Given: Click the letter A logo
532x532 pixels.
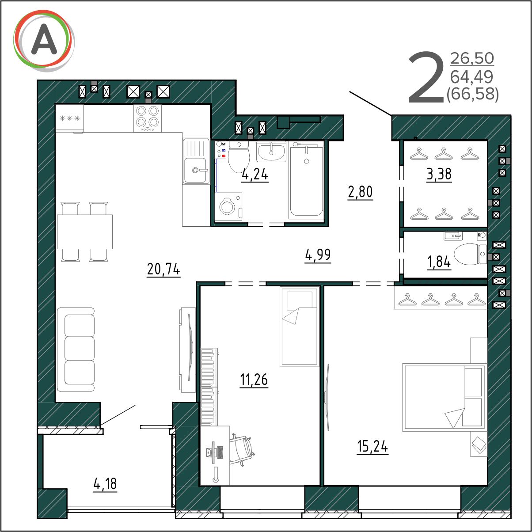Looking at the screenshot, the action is [x=44, y=41].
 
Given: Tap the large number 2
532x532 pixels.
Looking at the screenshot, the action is [x=426, y=77].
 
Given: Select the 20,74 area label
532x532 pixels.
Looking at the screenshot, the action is [x=163, y=269].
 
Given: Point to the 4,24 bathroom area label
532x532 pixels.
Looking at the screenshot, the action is [x=255, y=175].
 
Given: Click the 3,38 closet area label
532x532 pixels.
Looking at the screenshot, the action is [x=439, y=175].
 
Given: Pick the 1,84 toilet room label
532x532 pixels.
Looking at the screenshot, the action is [x=439, y=262].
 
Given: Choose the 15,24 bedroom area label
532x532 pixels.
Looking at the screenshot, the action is [x=372, y=446].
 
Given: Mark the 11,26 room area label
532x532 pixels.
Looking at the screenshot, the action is [x=254, y=380].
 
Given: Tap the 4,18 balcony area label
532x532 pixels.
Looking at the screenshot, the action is [x=105, y=484].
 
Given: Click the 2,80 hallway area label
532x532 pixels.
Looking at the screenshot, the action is [x=360, y=192].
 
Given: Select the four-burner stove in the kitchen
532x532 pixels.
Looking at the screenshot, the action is [x=148, y=118].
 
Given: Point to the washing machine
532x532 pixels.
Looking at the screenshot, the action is [x=228, y=206].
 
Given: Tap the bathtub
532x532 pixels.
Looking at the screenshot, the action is [x=307, y=181].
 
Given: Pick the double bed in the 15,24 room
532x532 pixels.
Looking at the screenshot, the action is [x=444, y=398].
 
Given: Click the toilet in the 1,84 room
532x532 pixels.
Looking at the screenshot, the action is [x=470, y=254].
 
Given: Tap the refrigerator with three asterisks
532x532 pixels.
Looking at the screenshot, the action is [x=69, y=118].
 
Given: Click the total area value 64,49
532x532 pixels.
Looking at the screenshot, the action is [x=471, y=77].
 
